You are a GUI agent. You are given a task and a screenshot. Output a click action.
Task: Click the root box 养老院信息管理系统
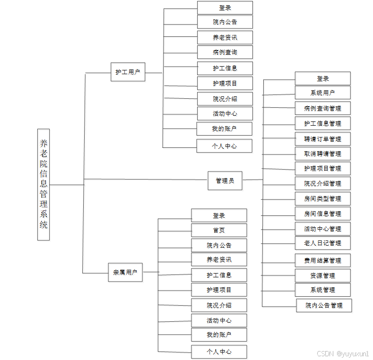point(43,184)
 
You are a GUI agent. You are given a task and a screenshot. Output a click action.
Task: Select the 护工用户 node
point(128,72)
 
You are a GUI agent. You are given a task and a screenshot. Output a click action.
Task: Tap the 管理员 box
point(225,180)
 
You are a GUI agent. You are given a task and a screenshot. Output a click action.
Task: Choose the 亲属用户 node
point(125,272)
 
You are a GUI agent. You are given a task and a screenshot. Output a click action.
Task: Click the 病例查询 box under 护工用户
point(225,52)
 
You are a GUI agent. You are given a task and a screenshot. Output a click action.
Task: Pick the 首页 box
point(219,230)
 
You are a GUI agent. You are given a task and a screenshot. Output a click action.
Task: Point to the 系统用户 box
point(322,93)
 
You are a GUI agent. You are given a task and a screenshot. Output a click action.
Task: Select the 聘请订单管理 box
point(322,139)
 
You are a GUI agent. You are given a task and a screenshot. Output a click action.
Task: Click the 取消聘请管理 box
point(322,154)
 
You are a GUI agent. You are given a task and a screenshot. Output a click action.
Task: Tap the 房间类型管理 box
point(322,198)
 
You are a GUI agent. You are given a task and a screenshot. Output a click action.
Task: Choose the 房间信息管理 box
point(322,214)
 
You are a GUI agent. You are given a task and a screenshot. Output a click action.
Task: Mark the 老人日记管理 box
point(322,243)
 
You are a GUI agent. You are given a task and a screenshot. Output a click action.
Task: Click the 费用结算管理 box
point(322,260)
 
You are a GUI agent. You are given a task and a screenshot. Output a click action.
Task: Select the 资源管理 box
point(322,275)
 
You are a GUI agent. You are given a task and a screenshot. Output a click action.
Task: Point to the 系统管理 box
point(322,290)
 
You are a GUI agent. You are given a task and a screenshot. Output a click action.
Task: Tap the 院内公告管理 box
point(324,305)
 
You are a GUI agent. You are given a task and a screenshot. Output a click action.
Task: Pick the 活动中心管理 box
point(322,229)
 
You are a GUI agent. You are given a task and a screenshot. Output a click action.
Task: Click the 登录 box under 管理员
point(322,78)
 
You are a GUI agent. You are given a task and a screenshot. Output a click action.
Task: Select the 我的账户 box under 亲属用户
point(219,335)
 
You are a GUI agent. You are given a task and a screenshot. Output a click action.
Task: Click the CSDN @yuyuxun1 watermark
point(343,353)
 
